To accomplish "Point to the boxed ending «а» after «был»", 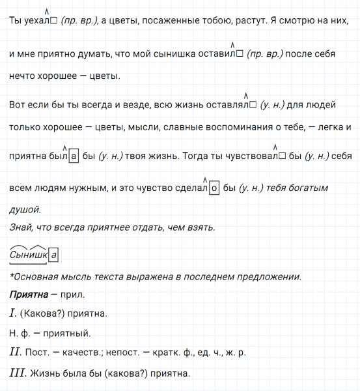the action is [x=74, y=156].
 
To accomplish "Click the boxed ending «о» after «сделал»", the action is [x=214, y=188].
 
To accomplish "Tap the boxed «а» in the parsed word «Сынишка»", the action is [x=54, y=254].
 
